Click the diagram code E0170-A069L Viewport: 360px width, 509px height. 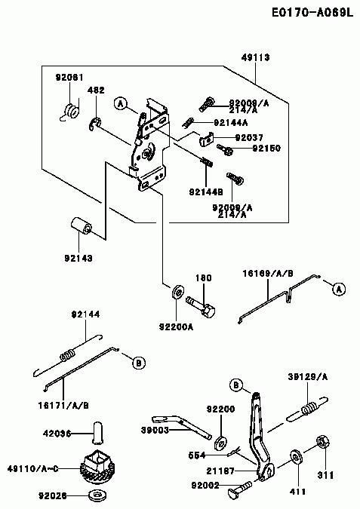tap(312, 13)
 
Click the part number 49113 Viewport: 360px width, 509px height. tap(255, 58)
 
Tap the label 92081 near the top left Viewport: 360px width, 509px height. tap(69, 78)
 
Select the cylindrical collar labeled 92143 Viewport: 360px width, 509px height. tap(82, 225)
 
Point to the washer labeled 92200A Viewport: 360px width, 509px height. tap(177, 292)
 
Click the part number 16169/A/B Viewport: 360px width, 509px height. tap(268, 274)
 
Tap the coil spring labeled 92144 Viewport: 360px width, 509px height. tap(68, 355)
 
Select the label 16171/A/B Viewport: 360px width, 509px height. tap(63, 406)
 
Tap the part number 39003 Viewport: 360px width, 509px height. tap(155, 430)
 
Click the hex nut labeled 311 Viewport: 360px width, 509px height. tap(322, 442)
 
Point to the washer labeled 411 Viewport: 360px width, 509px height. tap(296, 457)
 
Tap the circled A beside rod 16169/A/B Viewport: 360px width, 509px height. tap(339, 289)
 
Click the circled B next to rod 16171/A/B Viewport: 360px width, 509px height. tap(139, 362)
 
